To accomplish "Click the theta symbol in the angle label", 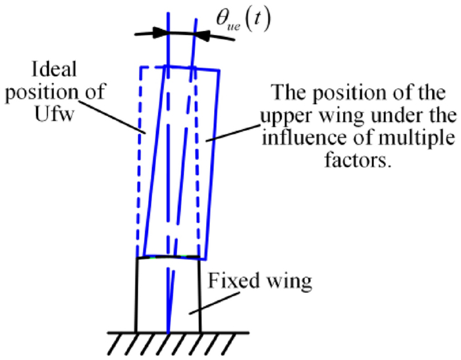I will click(x=225, y=20).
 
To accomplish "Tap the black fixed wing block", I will click(x=152, y=296).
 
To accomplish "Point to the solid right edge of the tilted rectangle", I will click(x=211, y=165).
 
